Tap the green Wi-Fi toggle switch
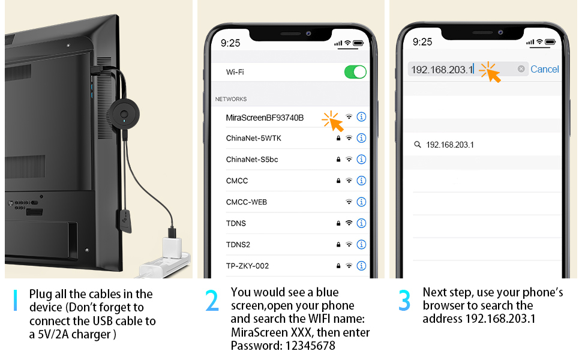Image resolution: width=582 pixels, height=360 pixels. pos(355,72)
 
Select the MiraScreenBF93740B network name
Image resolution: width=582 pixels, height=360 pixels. pos(265,118)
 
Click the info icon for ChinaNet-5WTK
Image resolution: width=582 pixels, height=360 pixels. pos(361,138)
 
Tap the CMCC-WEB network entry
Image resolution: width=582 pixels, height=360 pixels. pos(246,202)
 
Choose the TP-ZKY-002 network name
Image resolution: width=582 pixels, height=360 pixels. pos(247,266)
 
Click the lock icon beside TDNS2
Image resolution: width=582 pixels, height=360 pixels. pos(338,245)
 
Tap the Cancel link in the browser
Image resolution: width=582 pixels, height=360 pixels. pos(545,69)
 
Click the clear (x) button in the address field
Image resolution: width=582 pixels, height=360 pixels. pos(521,69)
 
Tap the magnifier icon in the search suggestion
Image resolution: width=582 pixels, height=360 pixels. pos(418,145)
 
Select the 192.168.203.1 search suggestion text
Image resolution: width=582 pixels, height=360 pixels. pos(450,145)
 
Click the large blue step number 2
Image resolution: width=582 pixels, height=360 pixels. pos(212,301)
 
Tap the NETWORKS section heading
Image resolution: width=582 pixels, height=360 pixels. pos(231,99)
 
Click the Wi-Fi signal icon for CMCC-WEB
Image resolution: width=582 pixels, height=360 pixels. pos(349,202)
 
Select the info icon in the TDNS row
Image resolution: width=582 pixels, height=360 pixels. pos(361,223)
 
